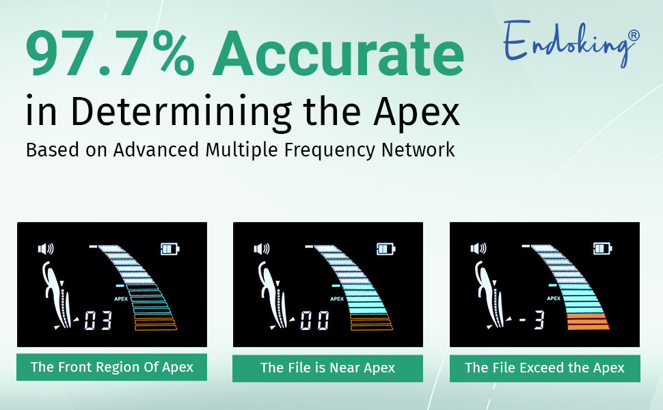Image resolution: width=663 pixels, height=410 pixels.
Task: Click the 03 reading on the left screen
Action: (98, 321)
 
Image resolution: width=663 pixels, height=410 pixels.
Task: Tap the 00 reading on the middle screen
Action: (314, 321)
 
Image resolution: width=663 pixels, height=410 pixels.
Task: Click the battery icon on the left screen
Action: (169, 249)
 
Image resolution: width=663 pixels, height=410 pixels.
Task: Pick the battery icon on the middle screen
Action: (385, 249)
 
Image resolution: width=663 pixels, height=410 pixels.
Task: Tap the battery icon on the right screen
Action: (602, 249)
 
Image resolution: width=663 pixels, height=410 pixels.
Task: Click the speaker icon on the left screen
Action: (46, 249)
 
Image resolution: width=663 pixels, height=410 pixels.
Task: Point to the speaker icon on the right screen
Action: (478, 249)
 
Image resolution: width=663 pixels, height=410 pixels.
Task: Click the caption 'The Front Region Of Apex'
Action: (112, 368)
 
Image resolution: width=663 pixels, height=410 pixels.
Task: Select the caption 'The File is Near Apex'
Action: (327, 368)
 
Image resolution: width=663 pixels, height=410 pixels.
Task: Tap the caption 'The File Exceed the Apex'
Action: (544, 368)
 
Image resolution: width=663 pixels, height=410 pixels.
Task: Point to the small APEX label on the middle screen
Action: (337, 299)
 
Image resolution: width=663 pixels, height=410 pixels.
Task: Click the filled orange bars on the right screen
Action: (588, 321)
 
